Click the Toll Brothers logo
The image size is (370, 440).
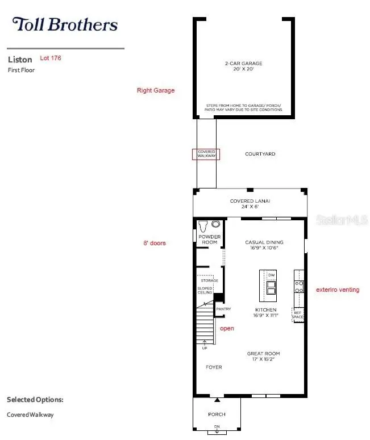click(x=65, y=24)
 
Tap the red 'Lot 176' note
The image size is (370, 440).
click(x=51, y=58)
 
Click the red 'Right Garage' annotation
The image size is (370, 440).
click(x=156, y=90)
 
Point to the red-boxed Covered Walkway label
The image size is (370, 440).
click(x=206, y=154)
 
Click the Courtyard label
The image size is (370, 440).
click(x=260, y=154)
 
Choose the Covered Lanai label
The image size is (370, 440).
click(x=250, y=204)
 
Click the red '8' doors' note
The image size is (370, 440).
click(x=155, y=243)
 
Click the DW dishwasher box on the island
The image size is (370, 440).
click(x=271, y=275)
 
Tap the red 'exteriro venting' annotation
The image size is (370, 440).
click(x=338, y=290)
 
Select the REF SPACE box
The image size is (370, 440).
click(x=297, y=314)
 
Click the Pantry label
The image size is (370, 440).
click(x=223, y=309)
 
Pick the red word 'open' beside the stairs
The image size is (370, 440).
click(x=227, y=328)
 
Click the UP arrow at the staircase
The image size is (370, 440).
click(x=205, y=344)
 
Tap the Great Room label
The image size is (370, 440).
click(x=263, y=356)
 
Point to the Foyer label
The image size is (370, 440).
click(x=214, y=367)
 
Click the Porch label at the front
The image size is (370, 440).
click(x=217, y=414)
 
